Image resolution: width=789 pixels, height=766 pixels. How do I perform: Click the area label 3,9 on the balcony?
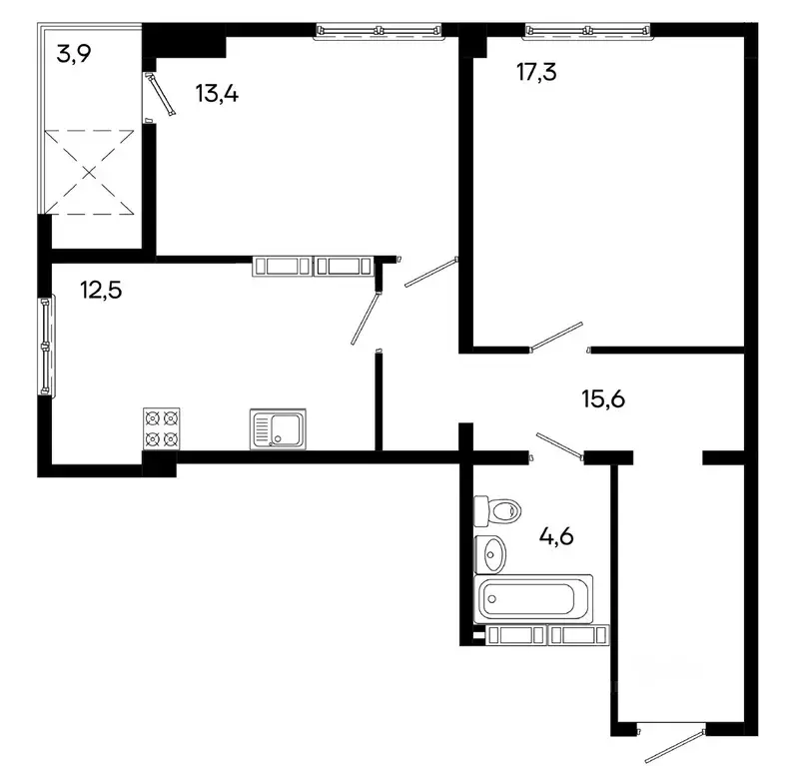74,54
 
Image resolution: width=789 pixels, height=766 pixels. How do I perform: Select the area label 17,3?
509,72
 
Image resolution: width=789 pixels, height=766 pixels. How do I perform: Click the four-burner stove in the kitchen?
162,427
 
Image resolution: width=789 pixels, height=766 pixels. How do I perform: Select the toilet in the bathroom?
496,510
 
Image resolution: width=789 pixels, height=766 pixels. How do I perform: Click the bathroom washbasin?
489,550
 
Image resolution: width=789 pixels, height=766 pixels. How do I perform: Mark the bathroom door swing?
558,446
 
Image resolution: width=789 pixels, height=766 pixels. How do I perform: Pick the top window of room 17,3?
588,32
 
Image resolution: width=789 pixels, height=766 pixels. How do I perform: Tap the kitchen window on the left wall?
45,345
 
